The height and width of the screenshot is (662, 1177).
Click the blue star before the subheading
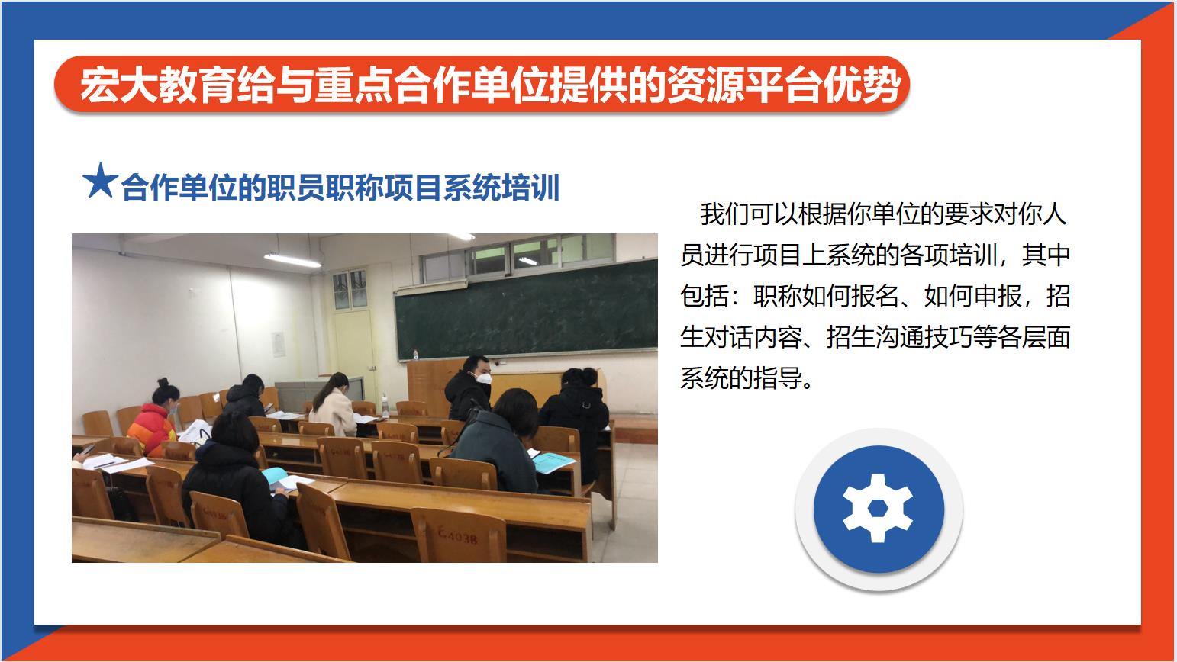100,181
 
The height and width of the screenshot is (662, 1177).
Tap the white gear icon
878,508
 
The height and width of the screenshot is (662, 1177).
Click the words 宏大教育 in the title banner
157,85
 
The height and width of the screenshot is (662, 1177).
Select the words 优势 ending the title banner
862,85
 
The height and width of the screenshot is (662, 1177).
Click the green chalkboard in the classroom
525,310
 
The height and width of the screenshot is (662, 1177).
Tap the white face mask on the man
483,378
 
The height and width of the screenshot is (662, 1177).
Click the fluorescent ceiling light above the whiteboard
292,260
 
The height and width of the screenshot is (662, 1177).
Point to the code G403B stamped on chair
458,536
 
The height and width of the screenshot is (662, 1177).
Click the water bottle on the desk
385,405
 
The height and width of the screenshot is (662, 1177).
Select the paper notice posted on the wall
278,345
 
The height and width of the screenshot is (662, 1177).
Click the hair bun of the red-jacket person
163,382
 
